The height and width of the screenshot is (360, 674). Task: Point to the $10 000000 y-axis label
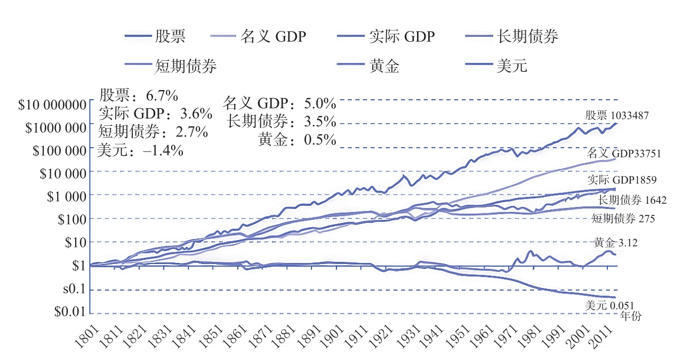coord(52,104)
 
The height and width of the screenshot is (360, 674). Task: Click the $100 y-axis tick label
coord(71,219)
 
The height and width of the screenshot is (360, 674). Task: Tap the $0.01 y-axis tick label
coord(69,311)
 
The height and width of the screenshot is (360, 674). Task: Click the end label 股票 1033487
coord(616,115)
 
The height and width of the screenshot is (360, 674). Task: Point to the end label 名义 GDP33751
coord(624,154)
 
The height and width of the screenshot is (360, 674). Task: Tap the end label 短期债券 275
coord(623,219)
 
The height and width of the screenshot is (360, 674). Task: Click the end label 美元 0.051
coord(609,306)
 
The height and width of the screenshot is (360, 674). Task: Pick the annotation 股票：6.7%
coord(139,96)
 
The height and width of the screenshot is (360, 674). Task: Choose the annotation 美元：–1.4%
coord(141,150)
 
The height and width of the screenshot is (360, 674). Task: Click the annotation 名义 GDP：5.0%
coord(279,103)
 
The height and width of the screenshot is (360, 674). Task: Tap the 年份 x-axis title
coord(631,316)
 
